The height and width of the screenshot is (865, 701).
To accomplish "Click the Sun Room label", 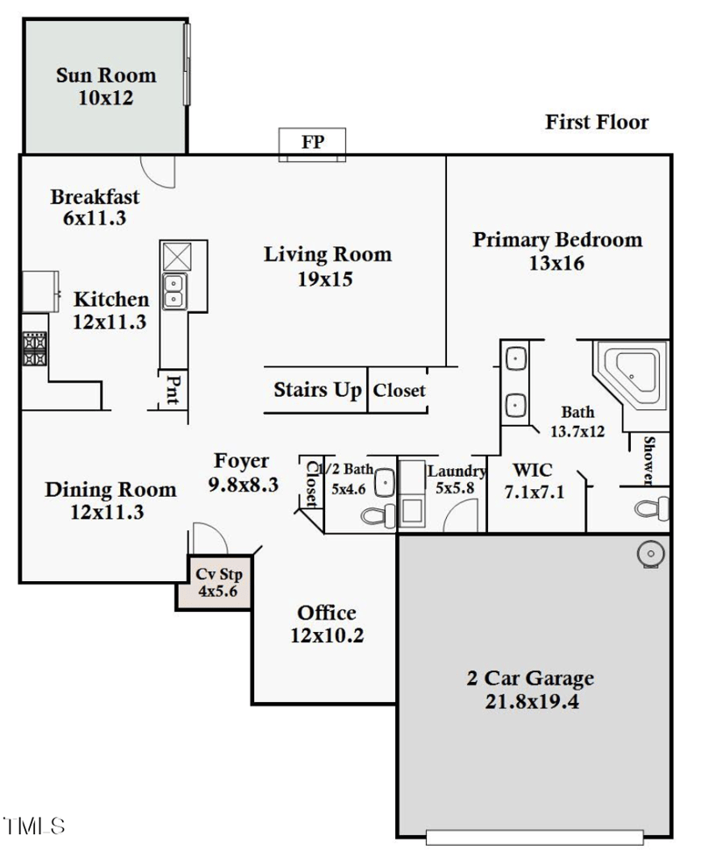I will (x=105, y=75).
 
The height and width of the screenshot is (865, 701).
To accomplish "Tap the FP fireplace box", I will (x=313, y=144).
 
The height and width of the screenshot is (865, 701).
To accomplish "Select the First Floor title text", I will (x=597, y=122).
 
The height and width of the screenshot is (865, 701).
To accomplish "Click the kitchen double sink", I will (x=173, y=291).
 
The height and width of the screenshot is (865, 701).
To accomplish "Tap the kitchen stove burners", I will (x=34, y=348).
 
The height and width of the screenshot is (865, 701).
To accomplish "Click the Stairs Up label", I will (x=316, y=390).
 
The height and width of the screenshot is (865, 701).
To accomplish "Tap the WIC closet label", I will (x=534, y=471).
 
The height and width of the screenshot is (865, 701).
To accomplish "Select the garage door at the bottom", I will (x=535, y=837).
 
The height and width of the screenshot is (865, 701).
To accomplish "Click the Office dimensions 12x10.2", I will (x=327, y=635).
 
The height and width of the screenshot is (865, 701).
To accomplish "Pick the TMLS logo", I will (x=34, y=826).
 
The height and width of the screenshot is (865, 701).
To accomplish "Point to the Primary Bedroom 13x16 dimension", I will (x=556, y=262).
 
